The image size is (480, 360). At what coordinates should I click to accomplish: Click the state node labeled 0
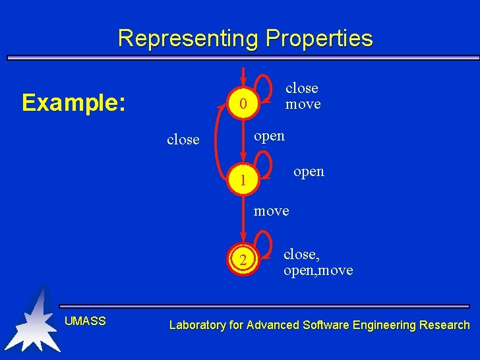[x=243, y=104]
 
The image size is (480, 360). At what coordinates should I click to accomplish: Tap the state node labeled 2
[x=243, y=260]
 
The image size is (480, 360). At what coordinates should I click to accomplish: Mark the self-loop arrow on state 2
[x=263, y=241]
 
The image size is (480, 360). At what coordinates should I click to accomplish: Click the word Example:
[x=73, y=103]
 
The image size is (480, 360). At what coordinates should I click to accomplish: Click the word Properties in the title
[x=319, y=38]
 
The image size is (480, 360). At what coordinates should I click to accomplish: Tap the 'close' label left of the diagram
[x=183, y=140]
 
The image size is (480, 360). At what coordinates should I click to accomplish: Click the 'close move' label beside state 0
[x=303, y=96]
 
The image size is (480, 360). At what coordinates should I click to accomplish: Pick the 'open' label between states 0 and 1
[x=270, y=136]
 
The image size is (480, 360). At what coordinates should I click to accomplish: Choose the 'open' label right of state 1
[x=309, y=171]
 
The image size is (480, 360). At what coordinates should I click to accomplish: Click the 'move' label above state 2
[x=272, y=211]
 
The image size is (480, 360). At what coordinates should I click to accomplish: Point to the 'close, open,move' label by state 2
[x=318, y=262]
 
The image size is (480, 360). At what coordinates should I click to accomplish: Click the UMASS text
[x=85, y=321]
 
